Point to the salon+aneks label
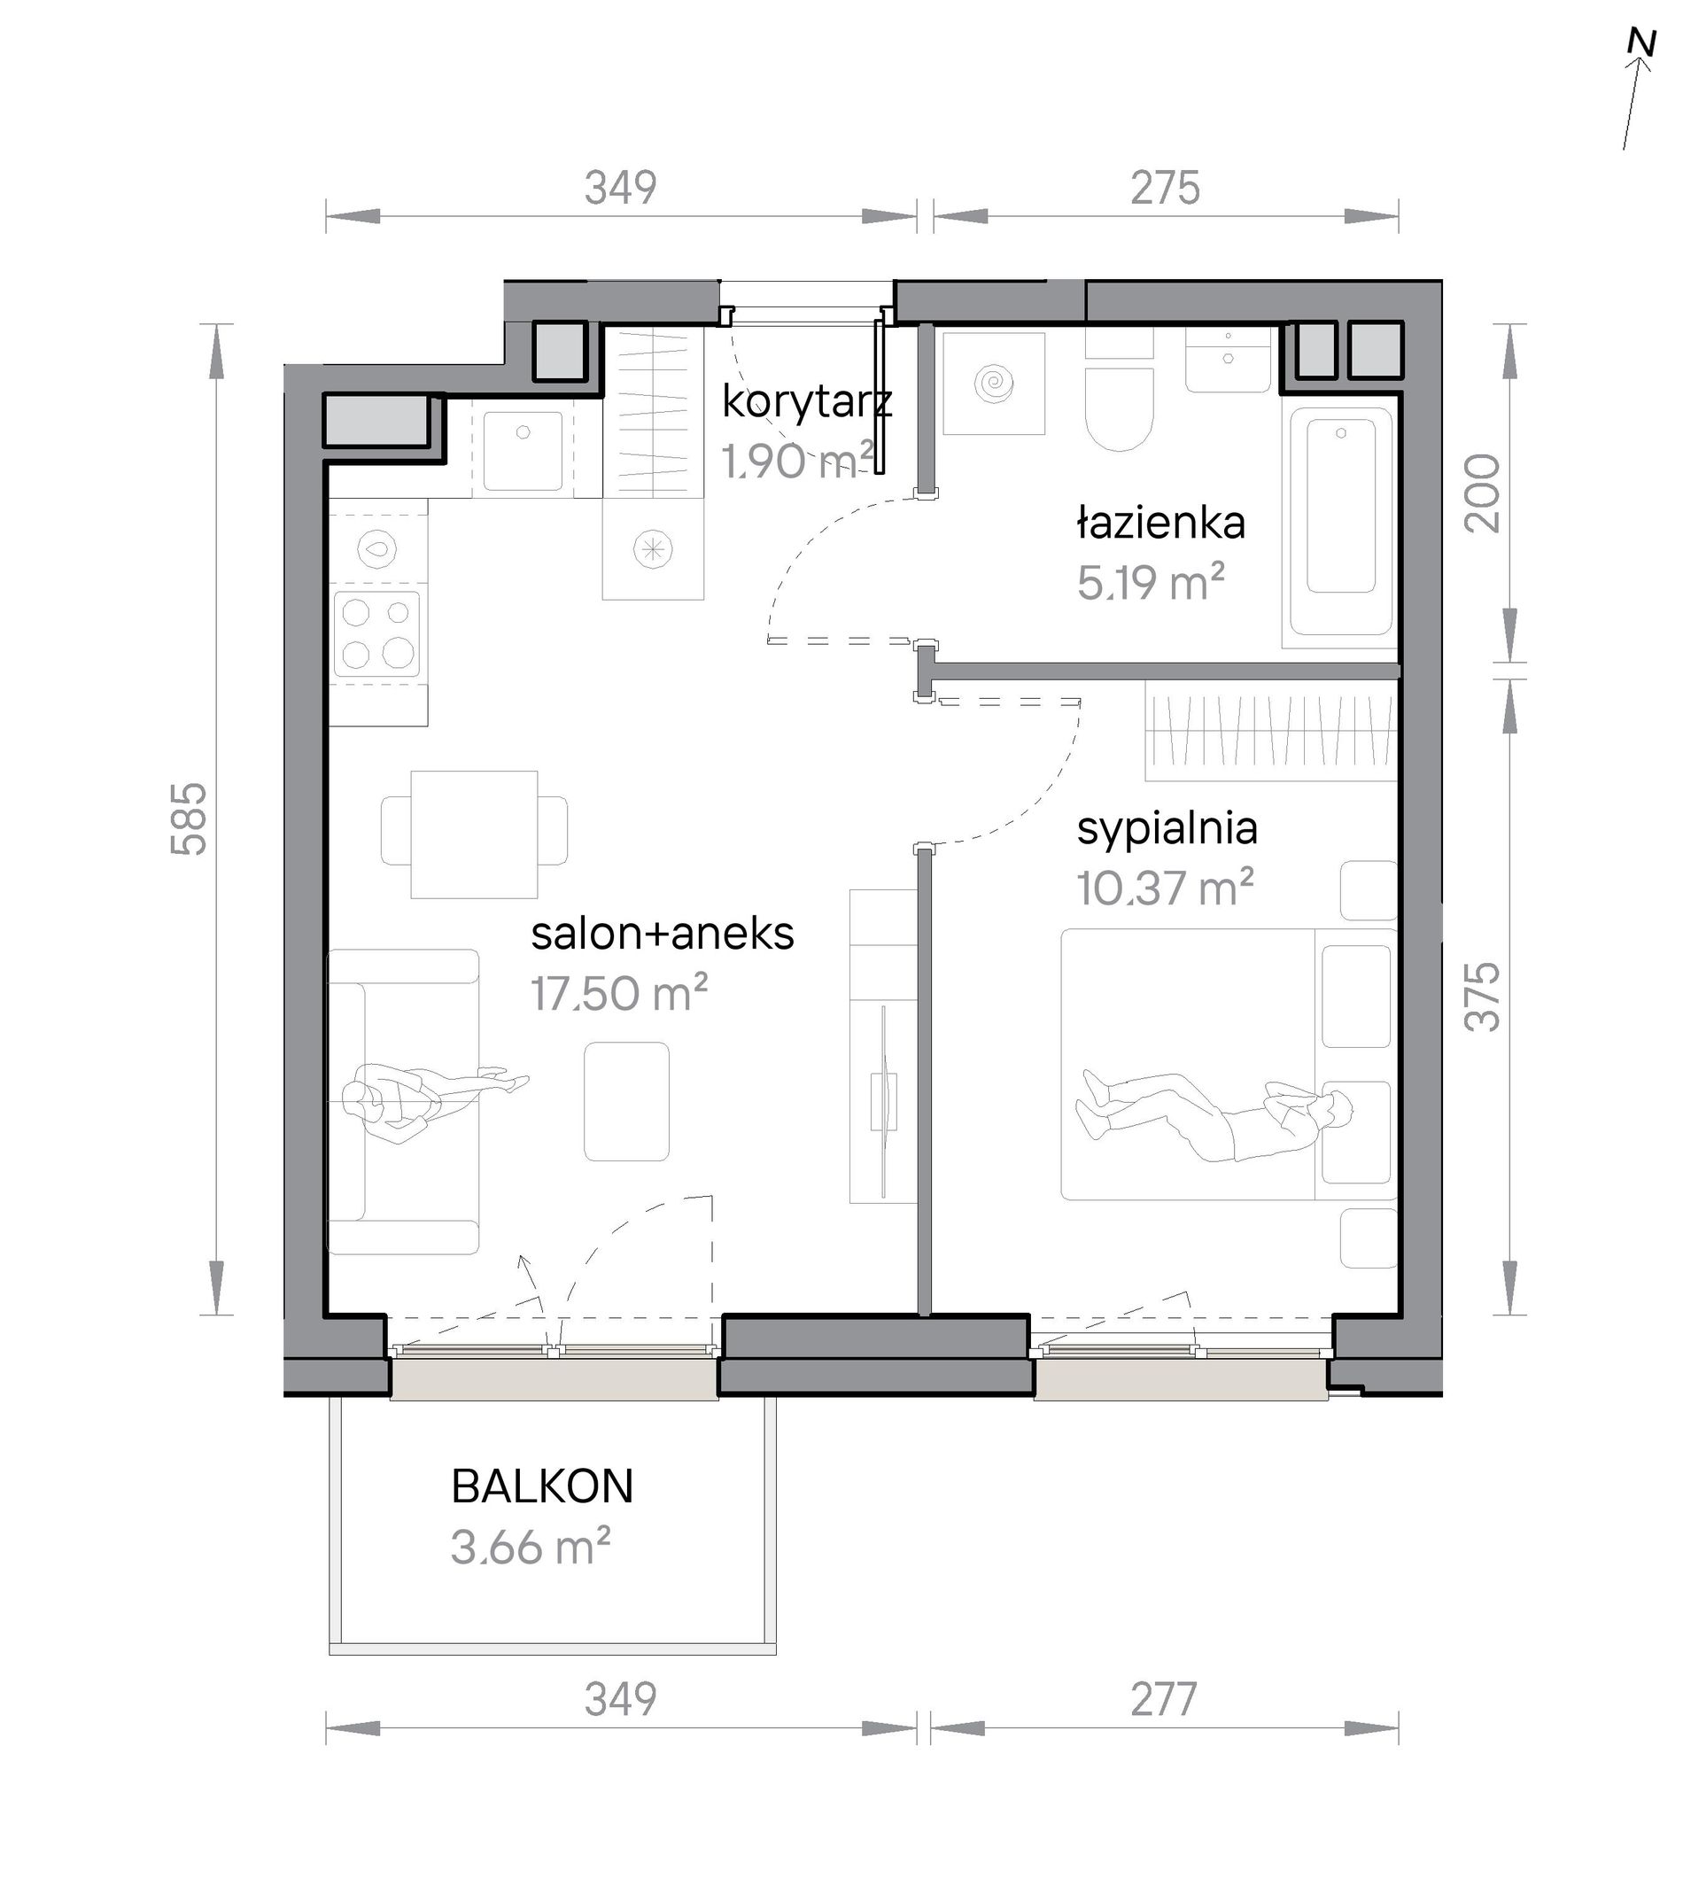coord(662,934)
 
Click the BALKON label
coord(542,1486)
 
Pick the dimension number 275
coord(1165,188)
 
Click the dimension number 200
coord(1482,493)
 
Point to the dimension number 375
coord(1482,996)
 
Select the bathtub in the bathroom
coord(1339,518)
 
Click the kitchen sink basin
coord(523,450)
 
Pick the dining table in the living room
coord(474,834)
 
